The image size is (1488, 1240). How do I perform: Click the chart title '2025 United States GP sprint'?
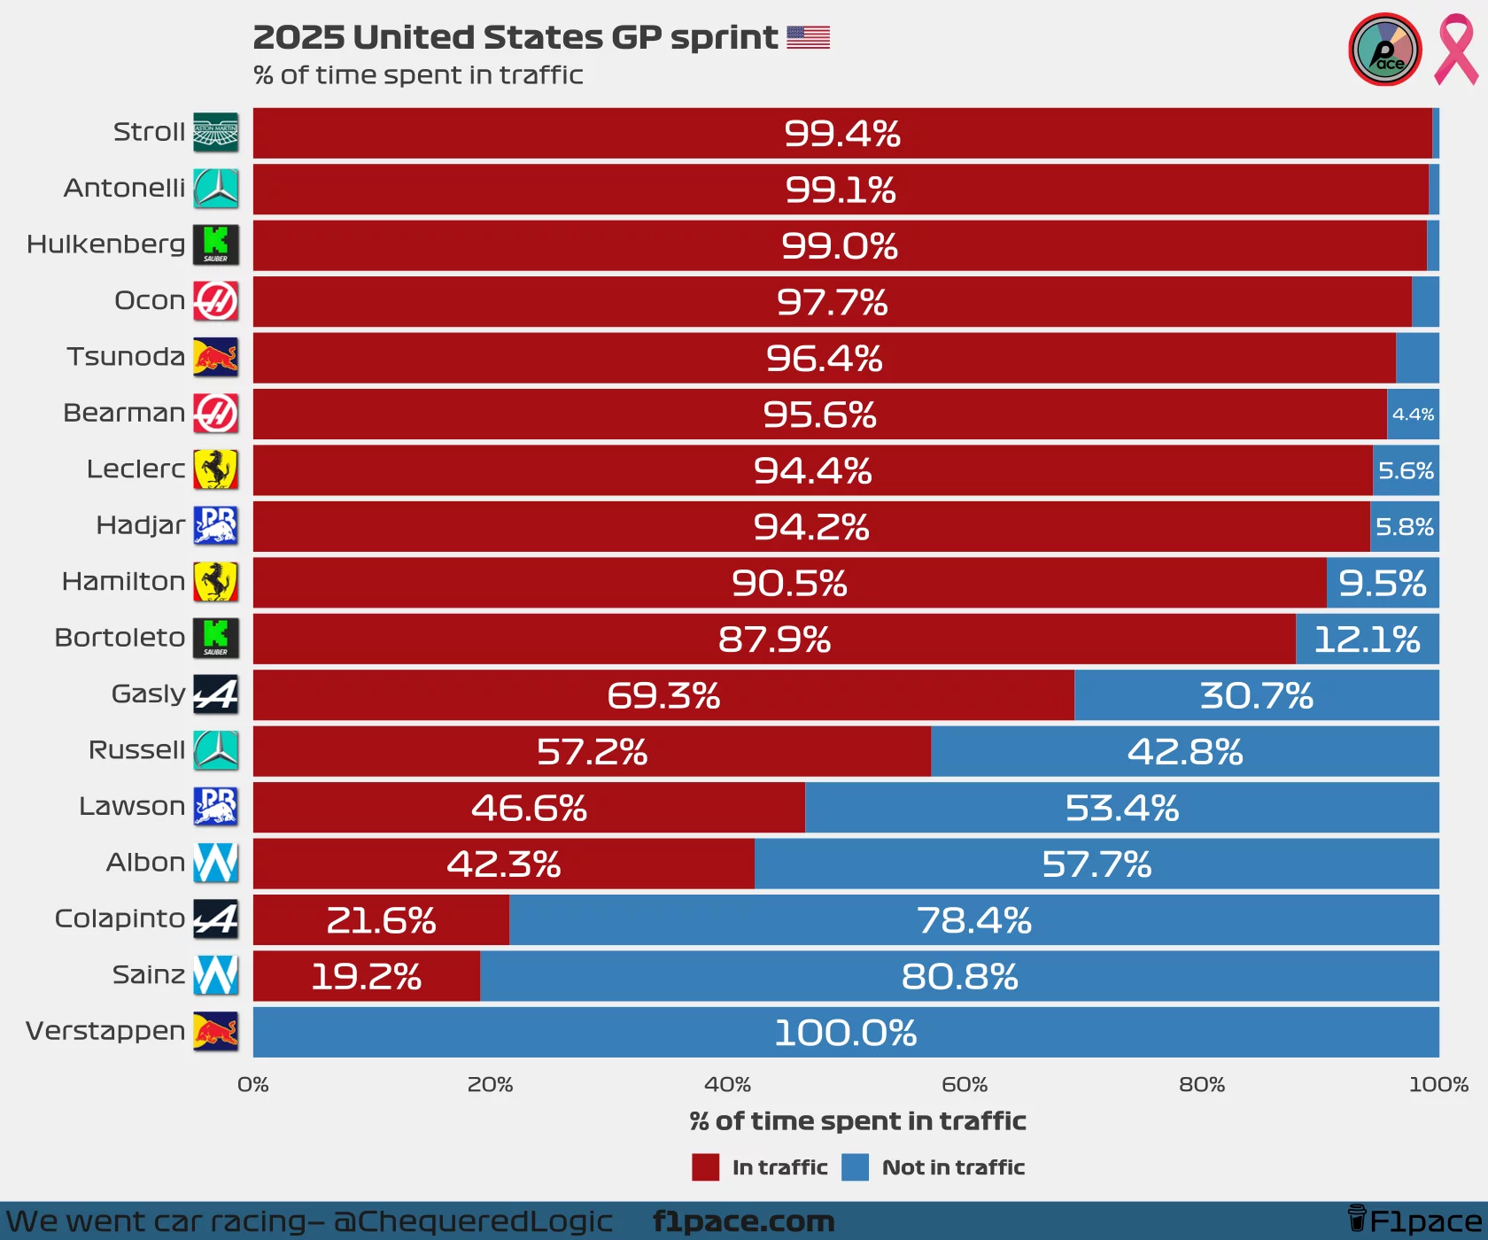tap(515, 37)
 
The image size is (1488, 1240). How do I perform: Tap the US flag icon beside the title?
tap(808, 37)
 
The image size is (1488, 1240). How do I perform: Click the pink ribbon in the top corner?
tap(1455, 50)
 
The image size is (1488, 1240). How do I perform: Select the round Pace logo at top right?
tap(1384, 50)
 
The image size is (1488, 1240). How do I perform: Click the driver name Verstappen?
tap(105, 1031)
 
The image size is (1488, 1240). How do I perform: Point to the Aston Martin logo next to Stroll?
tap(216, 133)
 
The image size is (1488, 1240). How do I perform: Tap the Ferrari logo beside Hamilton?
tap(216, 582)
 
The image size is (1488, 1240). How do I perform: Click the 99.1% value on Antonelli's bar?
tap(841, 190)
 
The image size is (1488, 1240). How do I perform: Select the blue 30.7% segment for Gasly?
tap(1256, 695)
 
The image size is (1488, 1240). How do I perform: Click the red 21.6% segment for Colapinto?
tap(381, 920)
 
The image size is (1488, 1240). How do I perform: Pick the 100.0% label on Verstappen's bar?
tap(845, 1033)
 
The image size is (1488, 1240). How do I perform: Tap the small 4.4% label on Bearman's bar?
tap(1413, 415)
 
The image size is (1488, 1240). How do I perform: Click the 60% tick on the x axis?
tap(965, 1084)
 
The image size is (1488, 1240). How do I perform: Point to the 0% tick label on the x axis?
tap(253, 1084)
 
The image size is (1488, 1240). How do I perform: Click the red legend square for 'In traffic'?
tap(705, 1167)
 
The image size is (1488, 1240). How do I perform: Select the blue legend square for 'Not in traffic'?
tap(855, 1167)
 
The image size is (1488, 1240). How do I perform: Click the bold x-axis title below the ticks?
tap(857, 1121)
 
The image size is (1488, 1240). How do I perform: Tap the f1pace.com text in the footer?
tap(743, 1221)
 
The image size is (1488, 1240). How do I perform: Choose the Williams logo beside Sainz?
tap(216, 975)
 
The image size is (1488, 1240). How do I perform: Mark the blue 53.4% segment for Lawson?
tap(1121, 808)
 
